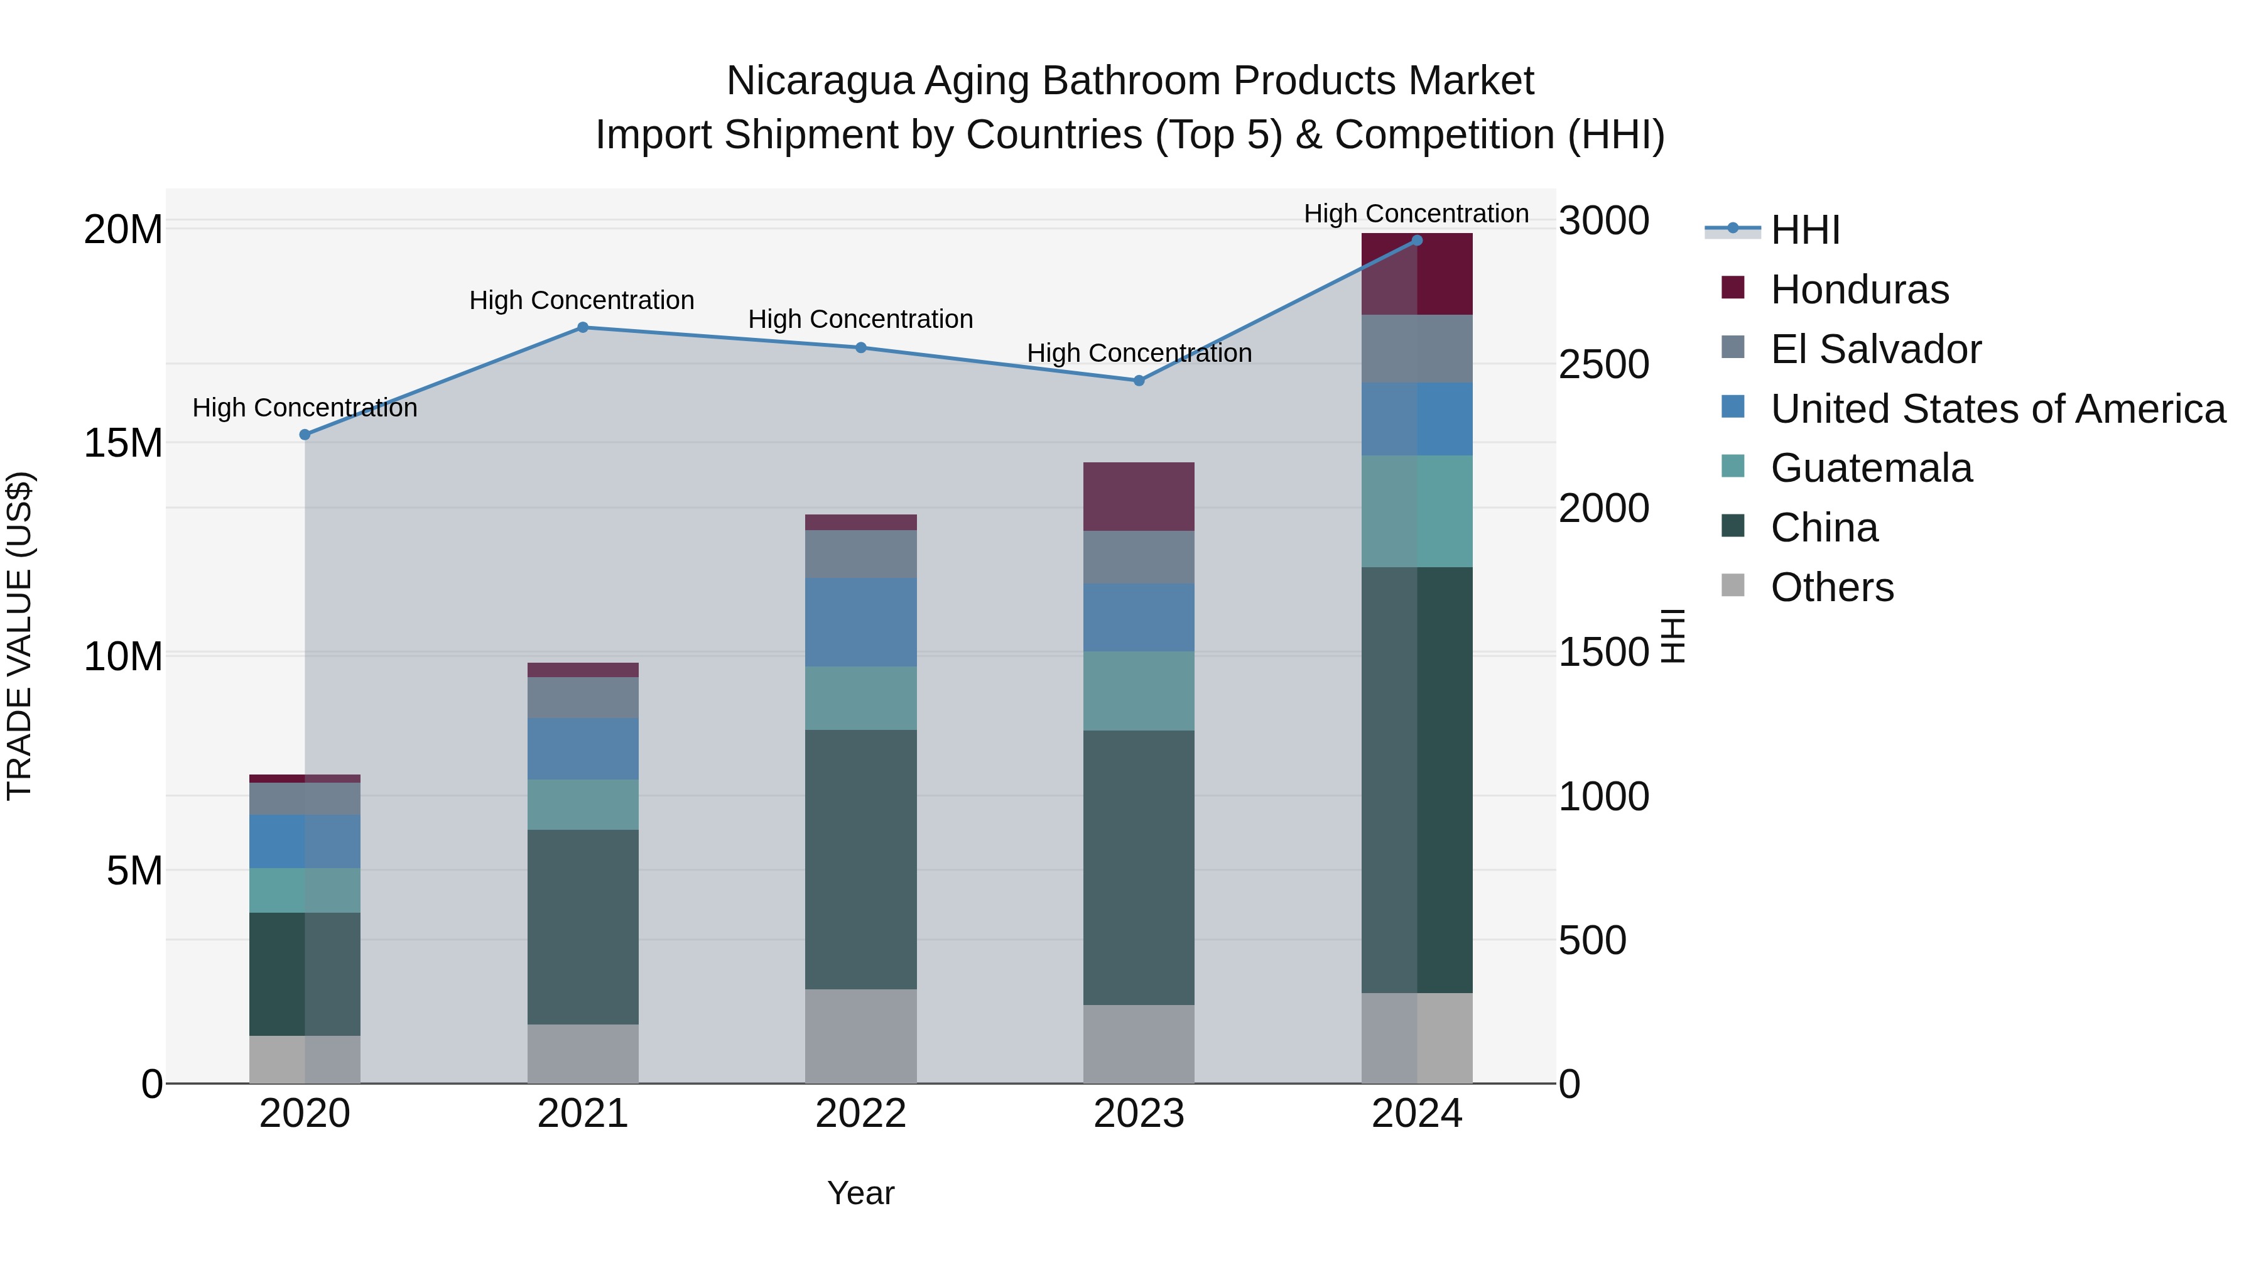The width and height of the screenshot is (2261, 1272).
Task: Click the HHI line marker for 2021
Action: click(x=583, y=327)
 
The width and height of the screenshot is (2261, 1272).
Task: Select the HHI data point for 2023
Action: click(x=1139, y=380)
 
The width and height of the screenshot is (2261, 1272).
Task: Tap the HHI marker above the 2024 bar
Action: click(x=1417, y=241)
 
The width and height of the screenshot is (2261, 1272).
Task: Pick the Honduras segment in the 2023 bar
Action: click(x=1139, y=496)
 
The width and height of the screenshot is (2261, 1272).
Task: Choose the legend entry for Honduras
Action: click(x=1859, y=290)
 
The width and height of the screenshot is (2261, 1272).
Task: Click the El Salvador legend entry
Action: click(x=1875, y=349)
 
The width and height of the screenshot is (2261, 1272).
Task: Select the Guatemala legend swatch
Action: click(x=1733, y=466)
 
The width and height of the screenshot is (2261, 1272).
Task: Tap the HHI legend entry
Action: click(x=1804, y=230)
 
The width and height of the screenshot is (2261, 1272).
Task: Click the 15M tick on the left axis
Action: click(x=123, y=443)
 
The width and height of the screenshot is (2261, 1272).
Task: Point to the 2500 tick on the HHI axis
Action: click(x=1603, y=364)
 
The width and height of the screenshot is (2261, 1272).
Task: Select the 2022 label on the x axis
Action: click(x=860, y=1114)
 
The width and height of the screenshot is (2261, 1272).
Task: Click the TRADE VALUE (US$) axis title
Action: click(x=19, y=636)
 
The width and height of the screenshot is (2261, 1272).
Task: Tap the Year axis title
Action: click(x=860, y=1193)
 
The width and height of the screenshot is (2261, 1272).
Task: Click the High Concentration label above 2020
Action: click(x=305, y=408)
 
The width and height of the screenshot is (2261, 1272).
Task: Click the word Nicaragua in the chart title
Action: click(x=820, y=81)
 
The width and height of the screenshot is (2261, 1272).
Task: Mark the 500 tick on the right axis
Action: click(x=1592, y=940)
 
